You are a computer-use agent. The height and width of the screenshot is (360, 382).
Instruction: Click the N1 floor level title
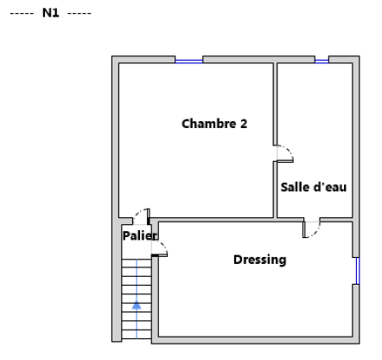(x=51, y=13)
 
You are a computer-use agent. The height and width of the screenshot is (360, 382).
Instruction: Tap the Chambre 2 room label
(x=214, y=124)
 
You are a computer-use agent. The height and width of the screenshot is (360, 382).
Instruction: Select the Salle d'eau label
(x=314, y=187)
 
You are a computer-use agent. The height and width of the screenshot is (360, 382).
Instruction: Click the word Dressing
(x=260, y=260)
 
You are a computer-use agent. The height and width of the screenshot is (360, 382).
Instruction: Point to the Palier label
(x=140, y=235)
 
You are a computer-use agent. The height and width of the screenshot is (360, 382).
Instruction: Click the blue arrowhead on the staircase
(x=137, y=305)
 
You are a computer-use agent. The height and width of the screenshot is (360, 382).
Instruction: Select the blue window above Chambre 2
(x=189, y=61)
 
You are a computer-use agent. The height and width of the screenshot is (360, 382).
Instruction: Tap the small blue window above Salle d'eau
(x=322, y=61)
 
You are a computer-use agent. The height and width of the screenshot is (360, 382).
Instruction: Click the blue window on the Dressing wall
(x=358, y=271)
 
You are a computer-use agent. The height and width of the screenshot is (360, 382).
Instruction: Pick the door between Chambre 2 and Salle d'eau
(x=284, y=154)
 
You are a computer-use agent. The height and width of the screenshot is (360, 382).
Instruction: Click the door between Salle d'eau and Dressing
(x=311, y=229)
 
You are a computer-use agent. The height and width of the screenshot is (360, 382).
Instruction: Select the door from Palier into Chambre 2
(x=141, y=216)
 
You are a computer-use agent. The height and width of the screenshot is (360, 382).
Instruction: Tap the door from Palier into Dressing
(x=159, y=248)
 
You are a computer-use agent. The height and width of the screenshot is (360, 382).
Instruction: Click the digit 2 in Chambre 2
(x=244, y=124)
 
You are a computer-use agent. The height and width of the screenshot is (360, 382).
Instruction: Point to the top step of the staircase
(x=137, y=263)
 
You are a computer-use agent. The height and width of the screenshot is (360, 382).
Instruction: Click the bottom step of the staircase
(x=137, y=334)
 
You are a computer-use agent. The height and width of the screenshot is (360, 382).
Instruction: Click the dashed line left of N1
(x=22, y=13)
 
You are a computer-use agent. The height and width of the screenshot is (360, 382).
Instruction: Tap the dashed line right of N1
(x=80, y=13)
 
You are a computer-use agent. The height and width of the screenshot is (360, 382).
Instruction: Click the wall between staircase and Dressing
(x=155, y=299)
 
